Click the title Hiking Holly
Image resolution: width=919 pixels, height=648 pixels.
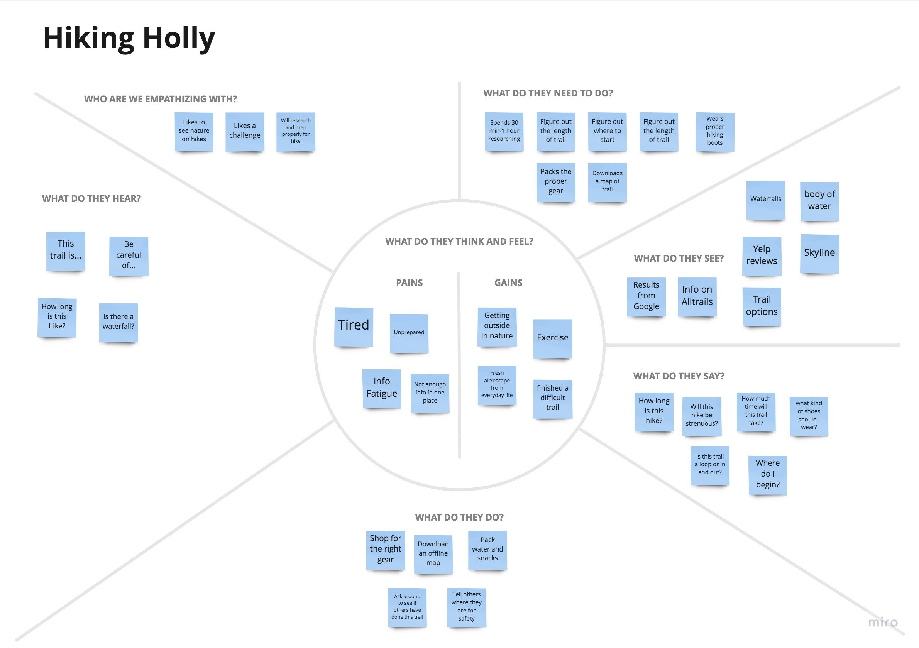coord(129,38)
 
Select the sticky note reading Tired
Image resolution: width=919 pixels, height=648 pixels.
coord(354,326)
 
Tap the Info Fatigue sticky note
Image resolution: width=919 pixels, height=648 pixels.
coord(381,388)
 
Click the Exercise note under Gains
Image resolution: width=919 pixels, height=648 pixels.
coord(552,338)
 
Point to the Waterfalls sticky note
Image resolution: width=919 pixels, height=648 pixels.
coord(765,199)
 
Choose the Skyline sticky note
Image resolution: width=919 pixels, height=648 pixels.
coord(819,253)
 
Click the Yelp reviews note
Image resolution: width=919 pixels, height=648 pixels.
coord(761,256)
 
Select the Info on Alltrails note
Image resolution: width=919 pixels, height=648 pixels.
coord(697,296)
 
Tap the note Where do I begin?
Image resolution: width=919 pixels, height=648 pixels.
coord(767,475)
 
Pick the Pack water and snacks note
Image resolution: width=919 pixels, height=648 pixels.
coord(487,550)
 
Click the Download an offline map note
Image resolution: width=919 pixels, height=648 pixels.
coord(433,554)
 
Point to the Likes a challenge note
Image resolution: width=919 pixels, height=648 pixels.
coord(245,131)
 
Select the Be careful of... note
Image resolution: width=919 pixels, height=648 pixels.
coord(129,256)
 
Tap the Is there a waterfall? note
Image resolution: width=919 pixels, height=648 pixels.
coord(118,322)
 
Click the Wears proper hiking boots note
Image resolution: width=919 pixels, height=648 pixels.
coord(714,131)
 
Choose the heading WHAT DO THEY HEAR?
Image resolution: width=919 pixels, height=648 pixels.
coord(91,199)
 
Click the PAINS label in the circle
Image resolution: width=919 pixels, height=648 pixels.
coord(409,283)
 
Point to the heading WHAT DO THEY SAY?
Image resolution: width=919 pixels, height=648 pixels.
coord(679,376)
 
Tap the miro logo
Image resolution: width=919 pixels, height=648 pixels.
coord(883,623)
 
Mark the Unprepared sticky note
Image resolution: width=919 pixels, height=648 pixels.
coord(409,333)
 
